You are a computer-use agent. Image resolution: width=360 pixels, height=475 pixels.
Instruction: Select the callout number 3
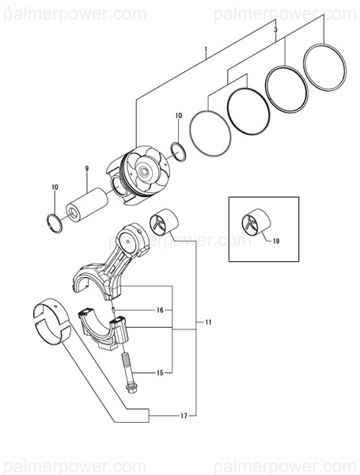[275, 28]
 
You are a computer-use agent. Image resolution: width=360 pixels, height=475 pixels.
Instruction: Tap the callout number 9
[87, 168]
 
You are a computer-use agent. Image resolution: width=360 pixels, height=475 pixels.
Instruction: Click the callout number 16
[159, 310]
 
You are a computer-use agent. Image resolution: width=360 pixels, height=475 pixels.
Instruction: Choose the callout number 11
[208, 323]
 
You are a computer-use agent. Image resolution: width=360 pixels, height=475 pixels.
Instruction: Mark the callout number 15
[159, 372]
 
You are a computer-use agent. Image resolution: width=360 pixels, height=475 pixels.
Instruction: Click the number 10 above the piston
[179, 116]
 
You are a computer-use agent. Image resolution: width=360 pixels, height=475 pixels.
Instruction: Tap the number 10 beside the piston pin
[55, 187]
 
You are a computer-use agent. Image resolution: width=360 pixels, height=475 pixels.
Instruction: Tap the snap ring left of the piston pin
[55, 222]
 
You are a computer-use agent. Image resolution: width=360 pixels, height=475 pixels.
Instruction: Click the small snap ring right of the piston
[179, 151]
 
